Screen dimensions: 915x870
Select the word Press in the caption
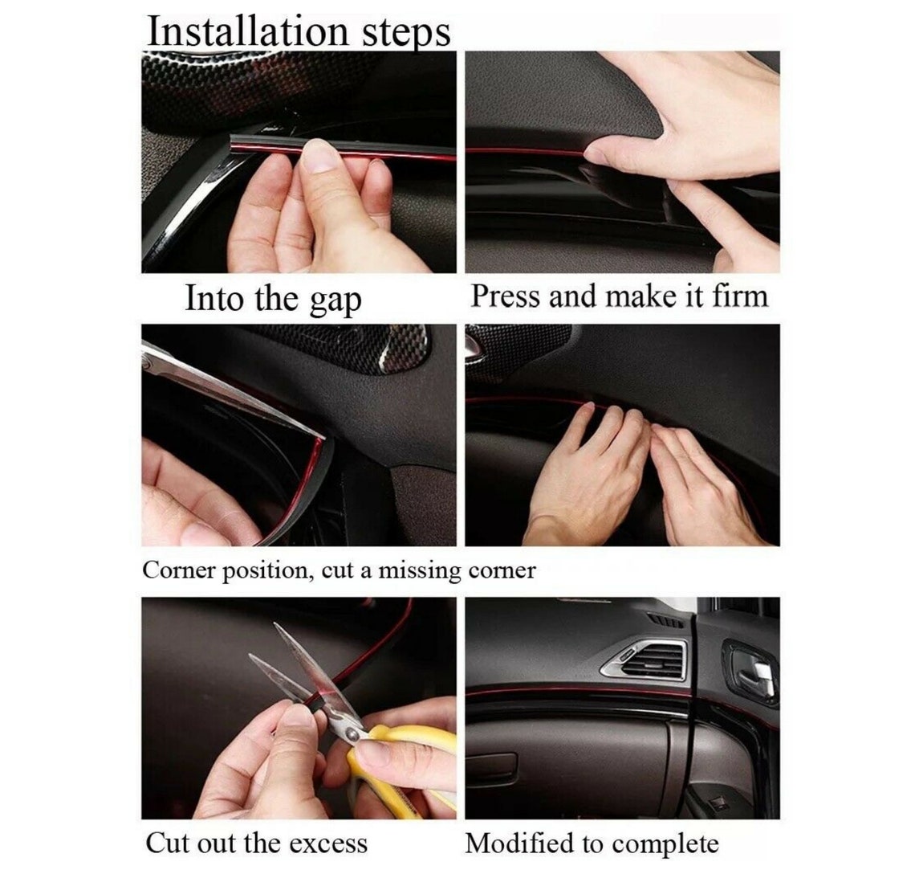coord(506,296)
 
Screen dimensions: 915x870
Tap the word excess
coord(328,844)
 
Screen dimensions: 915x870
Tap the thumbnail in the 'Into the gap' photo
coord(318,157)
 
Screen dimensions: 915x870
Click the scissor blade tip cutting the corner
coord(322,436)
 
